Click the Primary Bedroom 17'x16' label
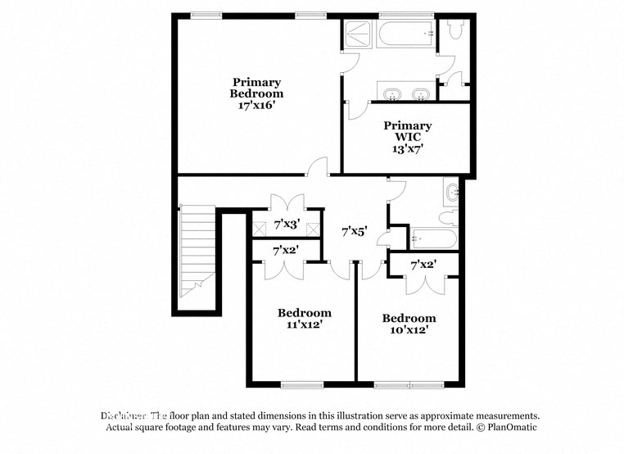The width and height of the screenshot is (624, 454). (x=256, y=93)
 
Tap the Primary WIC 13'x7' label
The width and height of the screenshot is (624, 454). (x=407, y=137)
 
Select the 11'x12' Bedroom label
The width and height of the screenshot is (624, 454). (x=304, y=318)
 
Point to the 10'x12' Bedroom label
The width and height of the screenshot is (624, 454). (x=409, y=324)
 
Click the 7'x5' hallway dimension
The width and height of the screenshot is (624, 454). (x=354, y=232)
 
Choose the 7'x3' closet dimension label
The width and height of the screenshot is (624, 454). (x=286, y=224)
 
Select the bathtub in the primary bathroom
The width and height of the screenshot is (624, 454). (x=406, y=34)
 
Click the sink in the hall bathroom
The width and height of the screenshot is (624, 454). (x=452, y=194)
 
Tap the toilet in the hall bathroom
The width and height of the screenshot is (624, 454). (x=448, y=217)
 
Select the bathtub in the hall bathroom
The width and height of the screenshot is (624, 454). (x=433, y=239)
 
